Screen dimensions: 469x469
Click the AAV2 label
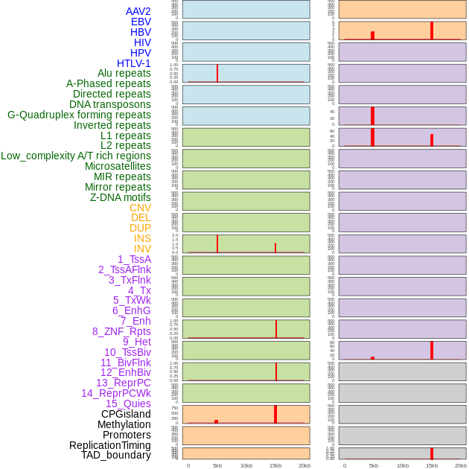[138, 11]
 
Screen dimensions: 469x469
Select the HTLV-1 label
[134, 63]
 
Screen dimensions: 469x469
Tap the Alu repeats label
[124, 73]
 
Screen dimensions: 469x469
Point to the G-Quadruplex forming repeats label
[79, 115]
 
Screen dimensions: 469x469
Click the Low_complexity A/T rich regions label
[76, 156]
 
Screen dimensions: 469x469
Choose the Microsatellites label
[118, 166]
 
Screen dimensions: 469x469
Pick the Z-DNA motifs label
[121, 197]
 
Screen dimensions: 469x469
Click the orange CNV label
[140, 208]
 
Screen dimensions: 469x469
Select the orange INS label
[142, 238]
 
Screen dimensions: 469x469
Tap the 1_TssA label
[134, 259]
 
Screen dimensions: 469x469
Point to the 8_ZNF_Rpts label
[121, 331]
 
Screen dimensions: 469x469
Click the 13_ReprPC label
[123, 383]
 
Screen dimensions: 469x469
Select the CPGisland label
[126, 414]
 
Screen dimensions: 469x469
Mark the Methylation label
[124, 424]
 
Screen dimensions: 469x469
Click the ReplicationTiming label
[110, 445]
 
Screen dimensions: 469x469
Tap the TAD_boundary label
[116, 455]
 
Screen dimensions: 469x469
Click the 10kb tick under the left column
[246, 465]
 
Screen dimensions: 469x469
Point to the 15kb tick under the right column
[432, 465]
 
